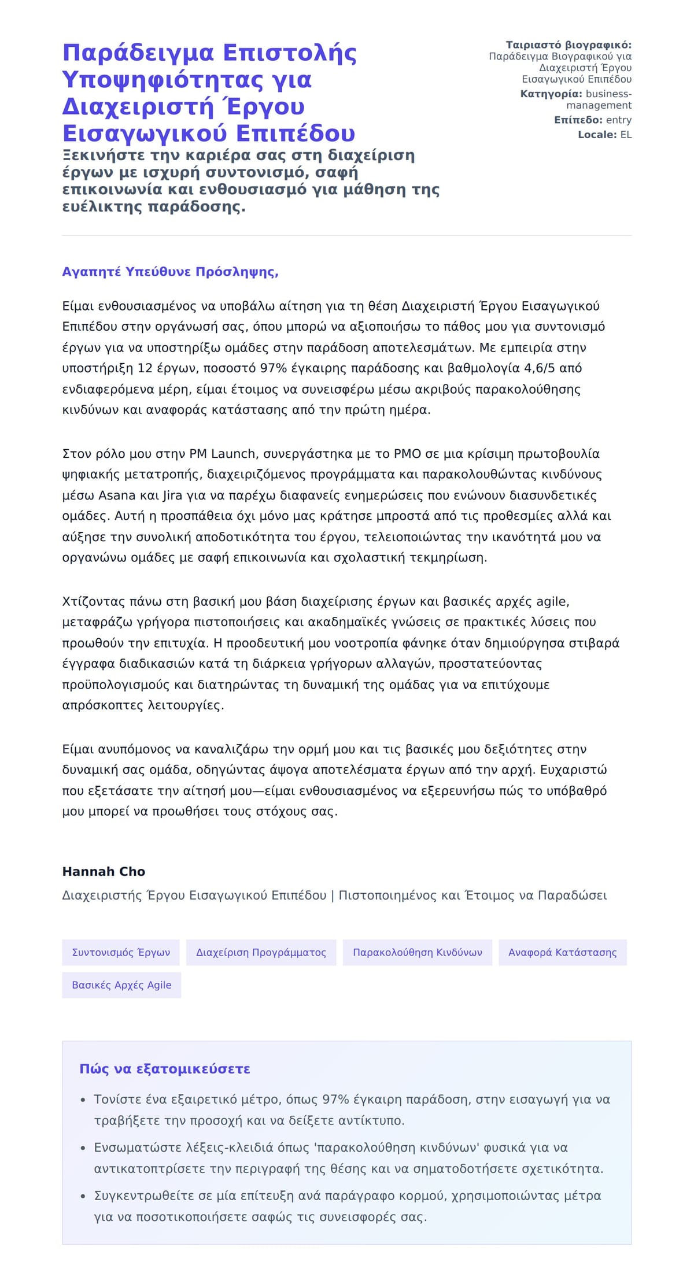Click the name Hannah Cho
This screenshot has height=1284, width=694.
(104, 871)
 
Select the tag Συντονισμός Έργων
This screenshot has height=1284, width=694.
(121, 952)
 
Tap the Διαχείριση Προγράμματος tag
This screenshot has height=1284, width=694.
(261, 952)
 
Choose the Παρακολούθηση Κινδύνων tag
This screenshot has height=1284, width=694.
(417, 952)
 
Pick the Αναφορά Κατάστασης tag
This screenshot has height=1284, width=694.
(562, 952)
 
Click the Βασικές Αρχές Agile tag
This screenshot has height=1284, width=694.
(121, 985)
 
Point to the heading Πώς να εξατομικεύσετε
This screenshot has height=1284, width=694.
(165, 1069)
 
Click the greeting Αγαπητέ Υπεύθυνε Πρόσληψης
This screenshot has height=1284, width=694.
(170, 272)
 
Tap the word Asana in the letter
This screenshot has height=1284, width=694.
(117, 495)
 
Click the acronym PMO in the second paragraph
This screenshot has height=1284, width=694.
(407, 454)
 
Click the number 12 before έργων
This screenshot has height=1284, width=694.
(145, 368)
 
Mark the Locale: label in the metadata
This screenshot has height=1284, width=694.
(597, 135)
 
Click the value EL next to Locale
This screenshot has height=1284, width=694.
(626, 135)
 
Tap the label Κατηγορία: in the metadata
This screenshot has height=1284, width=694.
(551, 94)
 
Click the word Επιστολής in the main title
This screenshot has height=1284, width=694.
(290, 53)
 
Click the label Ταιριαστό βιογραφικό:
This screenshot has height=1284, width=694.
(569, 45)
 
